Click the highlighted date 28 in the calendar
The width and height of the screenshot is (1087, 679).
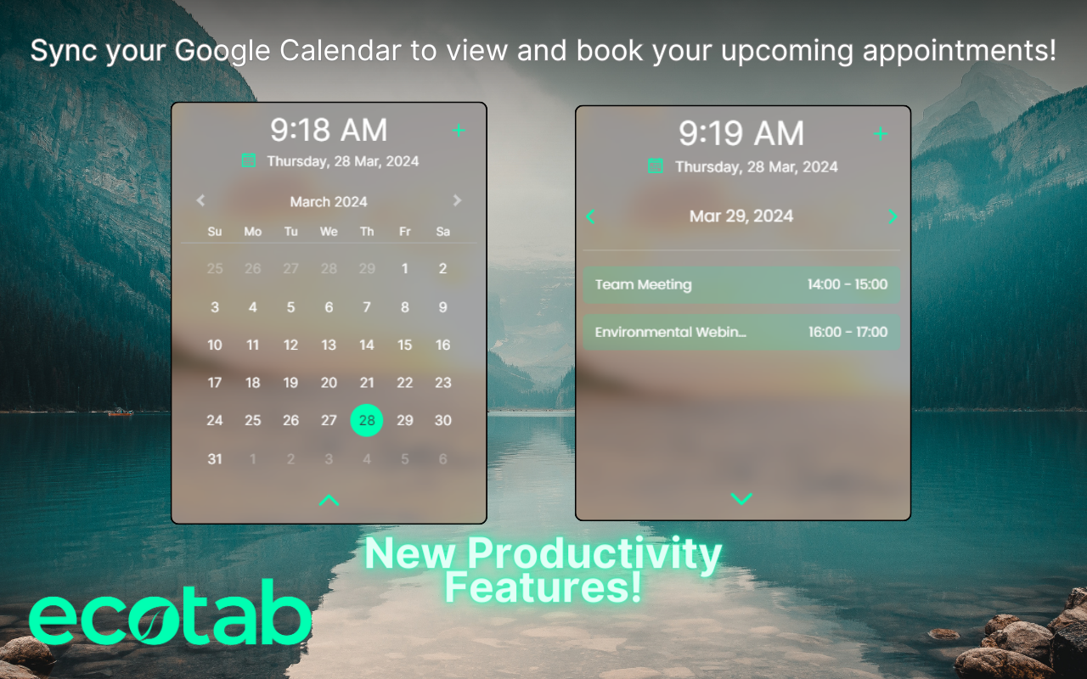pyautogui.click(x=367, y=420)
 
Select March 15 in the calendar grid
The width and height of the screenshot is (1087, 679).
pyautogui.click(x=405, y=345)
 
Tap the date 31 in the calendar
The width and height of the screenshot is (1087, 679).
pyautogui.click(x=215, y=459)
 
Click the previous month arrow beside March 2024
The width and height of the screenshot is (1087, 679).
pyautogui.click(x=201, y=201)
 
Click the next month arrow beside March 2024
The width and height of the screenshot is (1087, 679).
pyautogui.click(x=457, y=201)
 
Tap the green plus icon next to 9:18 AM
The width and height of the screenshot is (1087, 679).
pyautogui.click(x=459, y=131)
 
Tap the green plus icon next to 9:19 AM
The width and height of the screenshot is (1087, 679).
pyautogui.click(x=880, y=134)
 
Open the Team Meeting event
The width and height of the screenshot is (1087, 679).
pyautogui.click(x=741, y=285)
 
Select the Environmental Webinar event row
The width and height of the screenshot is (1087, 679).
pyautogui.click(x=741, y=332)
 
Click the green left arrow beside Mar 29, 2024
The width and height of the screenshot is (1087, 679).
pyautogui.click(x=590, y=216)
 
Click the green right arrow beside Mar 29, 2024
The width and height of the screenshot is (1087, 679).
pyautogui.click(x=892, y=216)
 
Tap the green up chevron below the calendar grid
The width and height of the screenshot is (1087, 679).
pyautogui.click(x=329, y=501)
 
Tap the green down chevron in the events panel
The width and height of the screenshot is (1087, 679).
pyautogui.click(x=741, y=498)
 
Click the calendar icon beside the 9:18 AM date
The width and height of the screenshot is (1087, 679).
pyautogui.click(x=249, y=160)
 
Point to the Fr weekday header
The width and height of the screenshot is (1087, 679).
pyautogui.click(x=405, y=232)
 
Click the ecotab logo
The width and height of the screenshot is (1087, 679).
pyautogui.click(x=170, y=620)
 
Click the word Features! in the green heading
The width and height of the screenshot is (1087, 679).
pyautogui.click(x=543, y=587)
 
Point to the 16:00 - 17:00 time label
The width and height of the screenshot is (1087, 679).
pyautogui.click(x=848, y=332)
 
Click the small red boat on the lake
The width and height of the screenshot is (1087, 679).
pyautogui.click(x=121, y=412)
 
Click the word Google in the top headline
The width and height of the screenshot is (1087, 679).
pyautogui.click(x=223, y=51)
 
